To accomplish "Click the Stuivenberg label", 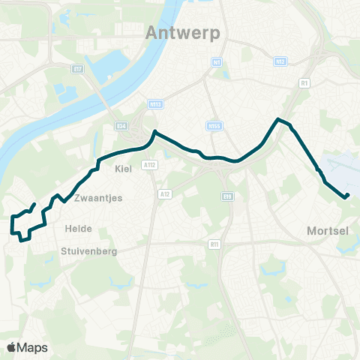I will pyautogui.click(x=89, y=252).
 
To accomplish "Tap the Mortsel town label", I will pyautogui.click(x=328, y=231).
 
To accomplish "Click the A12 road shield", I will pyautogui.click(x=165, y=193).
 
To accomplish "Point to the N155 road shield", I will pyautogui.click(x=214, y=126).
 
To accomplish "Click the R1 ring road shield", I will pyautogui.click(x=304, y=83).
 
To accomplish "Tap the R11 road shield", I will pyautogui.click(x=214, y=244).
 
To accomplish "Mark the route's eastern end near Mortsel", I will pyautogui.click(x=347, y=196).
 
